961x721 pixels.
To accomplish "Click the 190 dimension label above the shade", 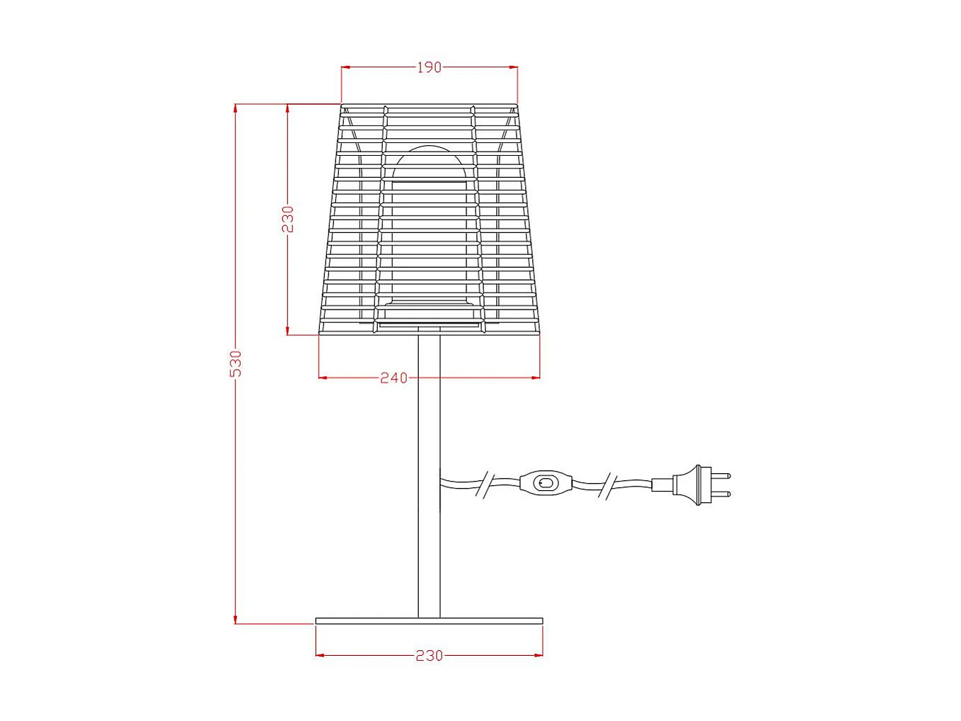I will [429, 67].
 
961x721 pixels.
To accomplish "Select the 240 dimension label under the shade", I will [393, 377].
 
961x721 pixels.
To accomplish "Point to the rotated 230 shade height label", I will [287, 219].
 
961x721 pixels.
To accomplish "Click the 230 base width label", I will [429, 655].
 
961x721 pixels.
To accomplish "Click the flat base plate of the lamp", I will [429, 621].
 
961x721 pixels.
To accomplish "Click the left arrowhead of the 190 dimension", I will [345, 67].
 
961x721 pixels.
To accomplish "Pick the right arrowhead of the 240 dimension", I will [536, 377].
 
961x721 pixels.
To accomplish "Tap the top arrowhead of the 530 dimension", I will [236, 108].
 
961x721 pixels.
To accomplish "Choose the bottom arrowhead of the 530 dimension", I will [236, 620].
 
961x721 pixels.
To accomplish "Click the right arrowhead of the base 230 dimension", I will [539, 655].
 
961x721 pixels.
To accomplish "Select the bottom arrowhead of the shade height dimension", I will [287, 331].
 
